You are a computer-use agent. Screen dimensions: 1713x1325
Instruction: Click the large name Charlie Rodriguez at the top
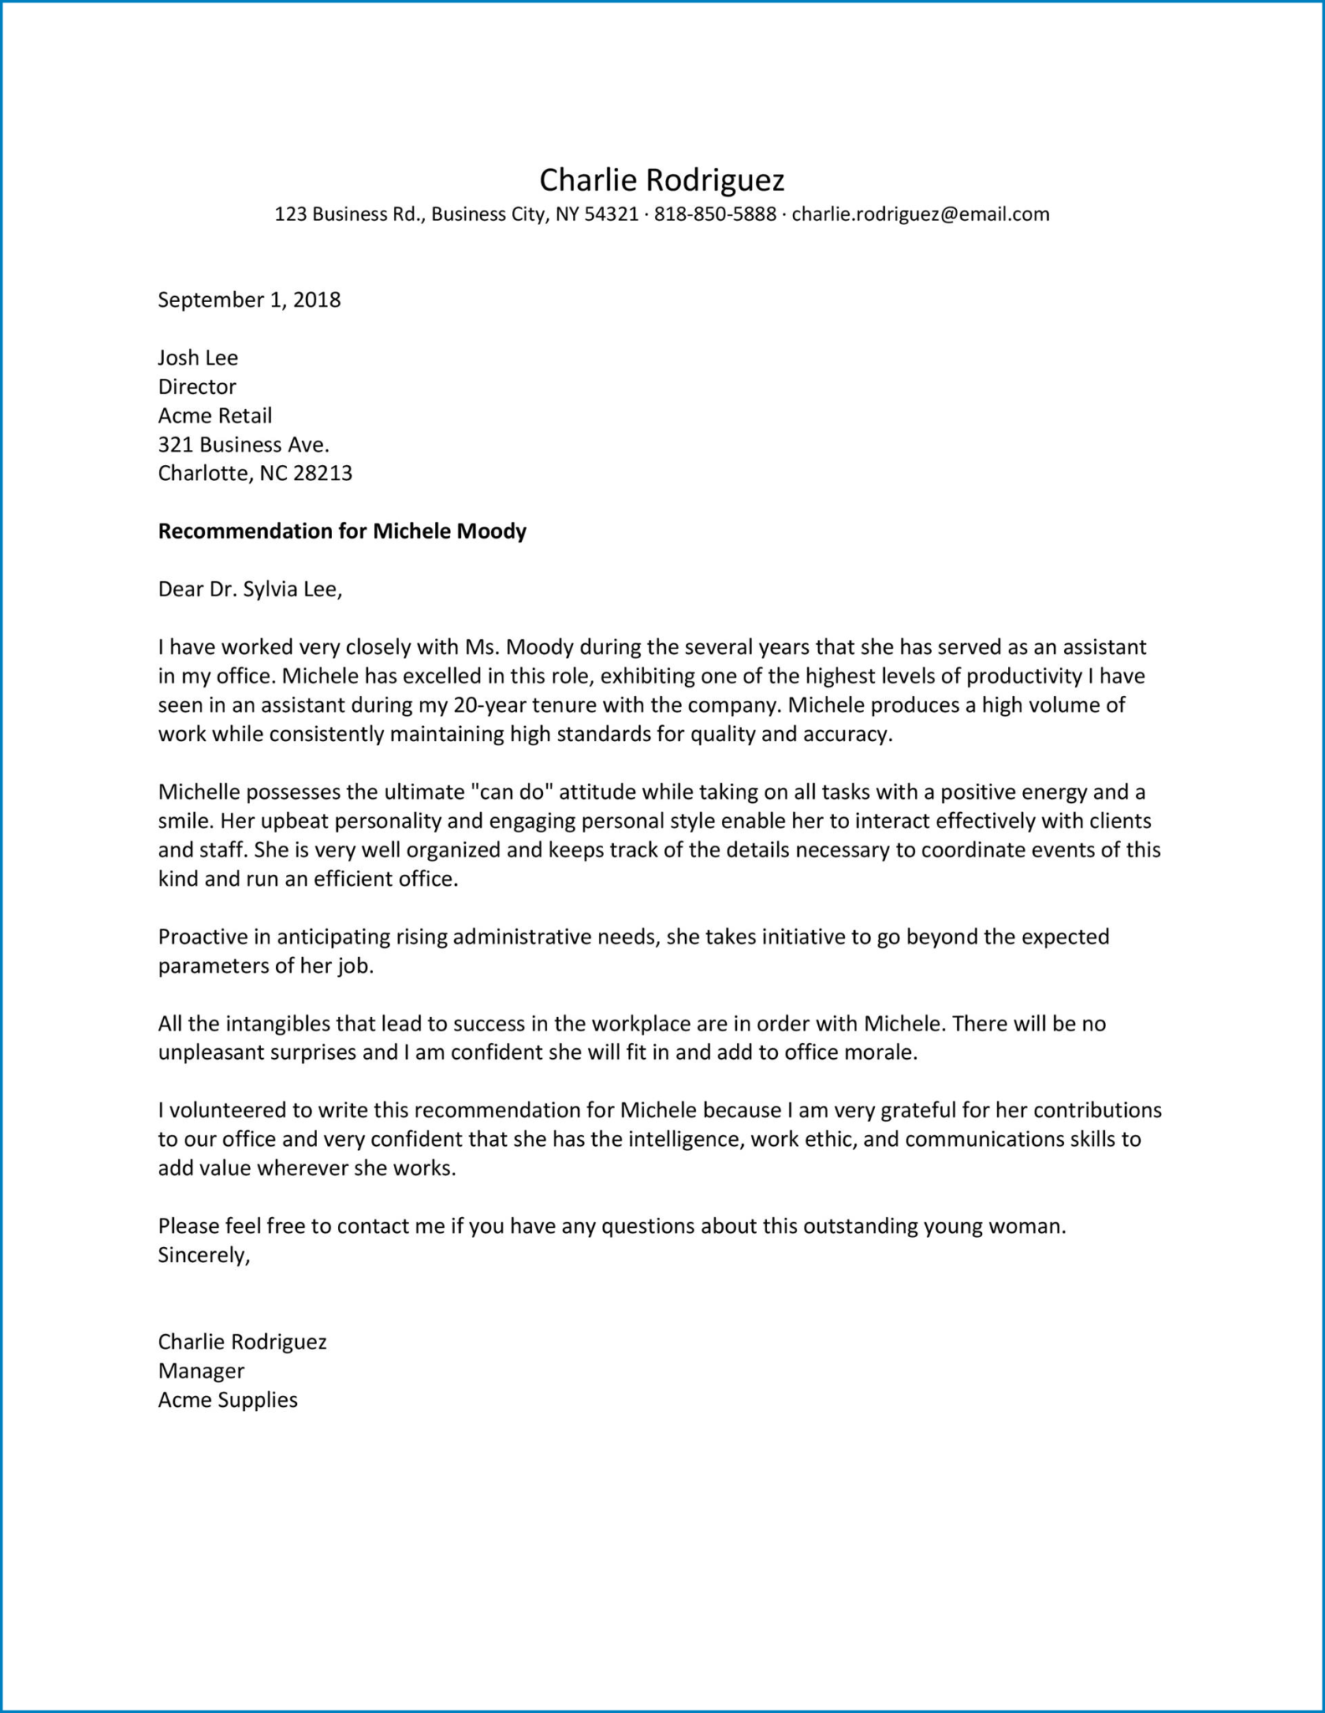coord(662,180)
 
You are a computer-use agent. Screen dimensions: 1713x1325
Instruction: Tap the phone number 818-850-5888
coord(714,214)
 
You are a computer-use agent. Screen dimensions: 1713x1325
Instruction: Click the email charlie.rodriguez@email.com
coord(920,214)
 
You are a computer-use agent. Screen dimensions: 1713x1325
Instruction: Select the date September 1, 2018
coord(249,299)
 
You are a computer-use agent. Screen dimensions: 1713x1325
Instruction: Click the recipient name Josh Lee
coord(198,358)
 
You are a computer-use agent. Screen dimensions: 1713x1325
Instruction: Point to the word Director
coord(197,386)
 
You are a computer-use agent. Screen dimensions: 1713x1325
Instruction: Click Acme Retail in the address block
coord(215,416)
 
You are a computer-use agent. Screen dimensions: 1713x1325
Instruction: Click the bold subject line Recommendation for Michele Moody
coord(342,531)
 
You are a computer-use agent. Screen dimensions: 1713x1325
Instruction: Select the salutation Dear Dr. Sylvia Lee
coord(250,590)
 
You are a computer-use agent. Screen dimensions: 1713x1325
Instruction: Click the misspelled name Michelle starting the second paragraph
coord(198,792)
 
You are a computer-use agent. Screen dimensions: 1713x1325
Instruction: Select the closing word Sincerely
coord(203,1255)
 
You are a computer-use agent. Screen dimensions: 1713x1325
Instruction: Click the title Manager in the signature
coord(201,1371)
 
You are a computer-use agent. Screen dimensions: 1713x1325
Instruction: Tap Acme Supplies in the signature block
coord(228,1400)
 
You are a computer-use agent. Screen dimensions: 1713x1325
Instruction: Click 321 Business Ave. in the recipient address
coord(243,444)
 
